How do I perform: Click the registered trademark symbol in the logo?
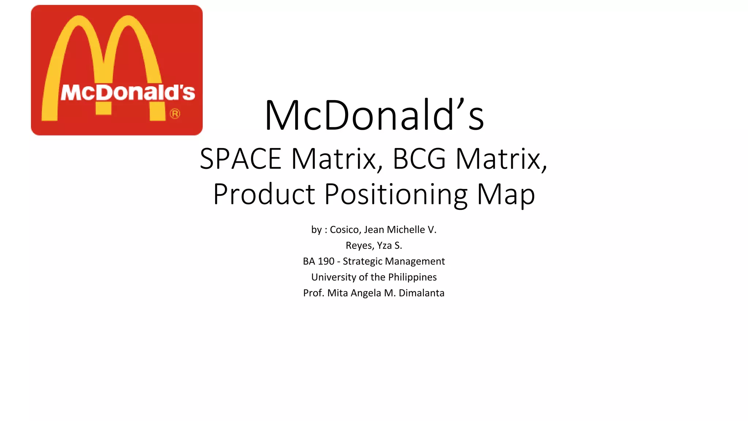click(175, 114)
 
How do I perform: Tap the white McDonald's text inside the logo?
click(128, 92)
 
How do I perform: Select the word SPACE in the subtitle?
click(240, 159)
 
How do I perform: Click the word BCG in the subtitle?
click(419, 159)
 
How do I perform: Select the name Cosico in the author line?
click(345, 230)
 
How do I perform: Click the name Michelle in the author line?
click(406, 230)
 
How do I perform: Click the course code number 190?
click(326, 261)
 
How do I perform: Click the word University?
click(333, 277)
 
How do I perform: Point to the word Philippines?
click(412, 277)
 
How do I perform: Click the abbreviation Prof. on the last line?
click(313, 293)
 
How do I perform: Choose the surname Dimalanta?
click(421, 293)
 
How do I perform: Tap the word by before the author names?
click(316, 230)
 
